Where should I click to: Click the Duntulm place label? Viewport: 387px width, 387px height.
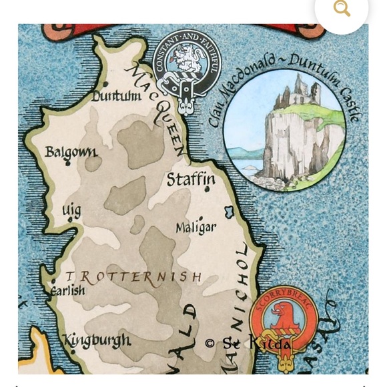click(x=117, y=96)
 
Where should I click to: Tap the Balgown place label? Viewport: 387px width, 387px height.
click(x=71, y=153)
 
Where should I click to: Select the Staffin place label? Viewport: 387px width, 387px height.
click(x=191, y=179)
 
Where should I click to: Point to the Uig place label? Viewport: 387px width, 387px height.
click(x=71, y=211)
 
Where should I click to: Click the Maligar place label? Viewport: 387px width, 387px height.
click(x=196, y=228)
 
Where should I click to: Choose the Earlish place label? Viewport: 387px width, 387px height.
click(x=69, y=290)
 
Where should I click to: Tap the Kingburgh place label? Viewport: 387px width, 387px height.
click(x=97, y=340)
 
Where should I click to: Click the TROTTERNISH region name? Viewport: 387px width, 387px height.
click(x=133, y=276)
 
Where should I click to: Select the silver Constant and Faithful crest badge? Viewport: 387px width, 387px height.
click(x=183, y=73)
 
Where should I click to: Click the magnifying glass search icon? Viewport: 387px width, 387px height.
click(x=342, y=9)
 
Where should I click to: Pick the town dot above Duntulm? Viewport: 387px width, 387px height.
click(x=105, y=84)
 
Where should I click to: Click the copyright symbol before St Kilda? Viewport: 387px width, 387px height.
click(x=210, y=343)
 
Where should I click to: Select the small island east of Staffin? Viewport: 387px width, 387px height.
click(x=230, y=212)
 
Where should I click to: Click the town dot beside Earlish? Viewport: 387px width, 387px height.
click(x=53, y=282)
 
